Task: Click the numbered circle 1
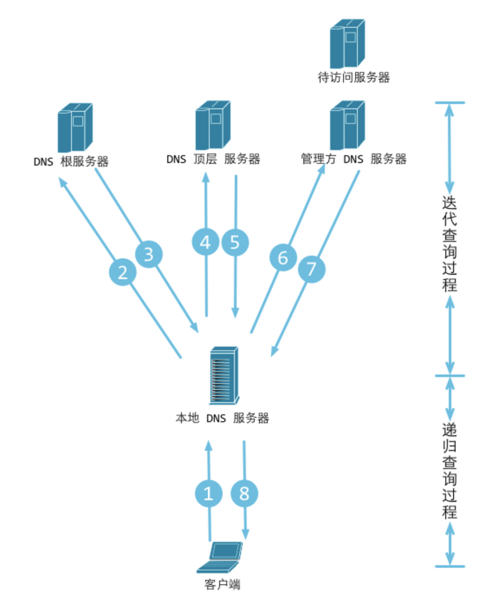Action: coord(208,493)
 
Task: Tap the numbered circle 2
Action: coord(123,272)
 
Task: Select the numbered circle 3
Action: coord(149,254)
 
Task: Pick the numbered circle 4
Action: coord(205,242)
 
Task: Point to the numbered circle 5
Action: coord(235,242)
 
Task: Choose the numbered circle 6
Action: coord(283,257)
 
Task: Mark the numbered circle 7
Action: coord(311,269)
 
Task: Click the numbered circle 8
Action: coord(244,493)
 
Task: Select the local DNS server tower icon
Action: coord(224,375)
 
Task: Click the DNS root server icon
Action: coord(75,127)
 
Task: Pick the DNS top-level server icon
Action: coord(213,125)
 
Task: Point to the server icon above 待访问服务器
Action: coord(347,43)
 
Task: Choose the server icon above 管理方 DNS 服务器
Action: coord(347,125)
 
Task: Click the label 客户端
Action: coord(222,584)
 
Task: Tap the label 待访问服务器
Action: coord(353,78)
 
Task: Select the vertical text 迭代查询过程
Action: coord(450,244)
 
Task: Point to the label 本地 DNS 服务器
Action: coord(222,418)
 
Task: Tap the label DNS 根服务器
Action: coord(71,162)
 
